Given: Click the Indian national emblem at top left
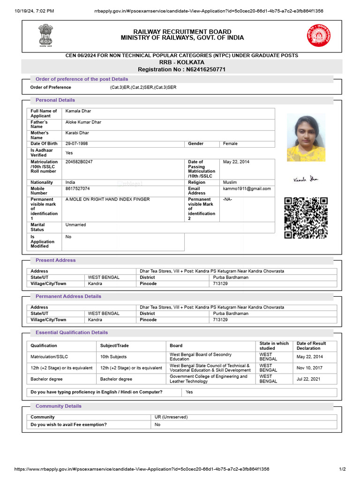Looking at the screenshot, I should point(46,35).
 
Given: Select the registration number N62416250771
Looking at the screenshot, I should point(182,69).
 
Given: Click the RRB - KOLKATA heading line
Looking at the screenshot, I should point(182,62).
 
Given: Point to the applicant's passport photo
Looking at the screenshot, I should point(306,138).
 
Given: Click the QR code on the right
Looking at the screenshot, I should point(306,217).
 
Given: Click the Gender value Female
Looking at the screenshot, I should point(230,143).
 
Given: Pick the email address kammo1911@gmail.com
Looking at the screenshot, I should point(247,188).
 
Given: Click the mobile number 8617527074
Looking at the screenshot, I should point(77,188).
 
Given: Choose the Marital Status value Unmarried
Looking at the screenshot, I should point(76,225).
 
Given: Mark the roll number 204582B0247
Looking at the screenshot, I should point(79,162).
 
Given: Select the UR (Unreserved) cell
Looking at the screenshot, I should point(171,417).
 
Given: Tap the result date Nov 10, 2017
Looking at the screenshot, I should point(309,368).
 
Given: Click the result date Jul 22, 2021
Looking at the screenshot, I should point(308,379).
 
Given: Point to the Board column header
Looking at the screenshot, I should point(176,345).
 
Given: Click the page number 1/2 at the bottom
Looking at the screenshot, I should point(342,469).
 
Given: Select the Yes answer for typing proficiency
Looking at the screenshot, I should point(189,392).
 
